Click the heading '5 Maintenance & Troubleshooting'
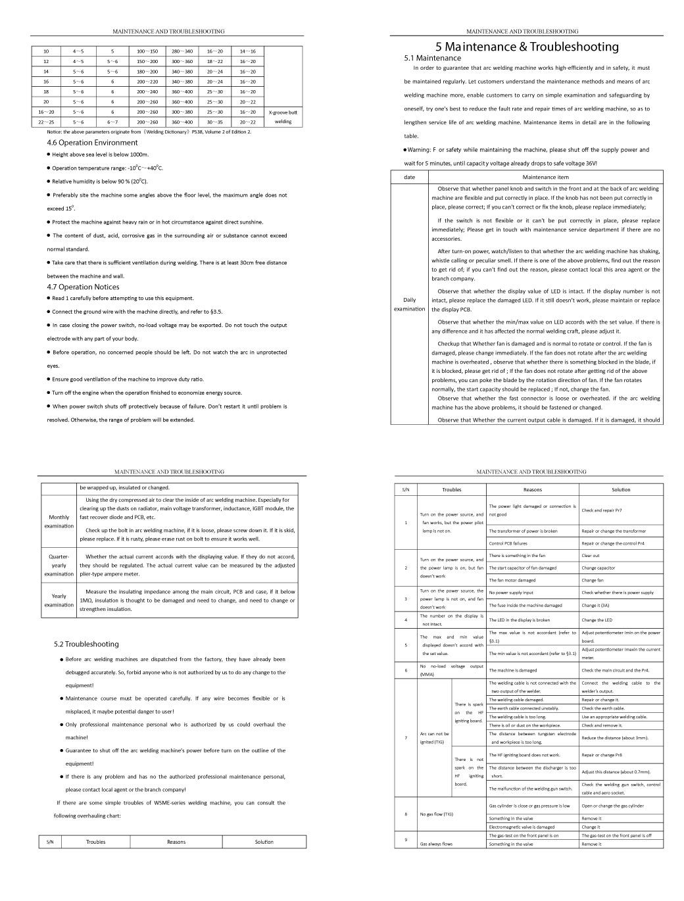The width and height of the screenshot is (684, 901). point(527,47)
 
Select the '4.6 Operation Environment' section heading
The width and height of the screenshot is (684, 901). point(92,143)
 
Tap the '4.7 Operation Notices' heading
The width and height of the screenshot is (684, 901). point(83,287)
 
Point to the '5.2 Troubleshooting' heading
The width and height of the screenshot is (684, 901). point(86,644)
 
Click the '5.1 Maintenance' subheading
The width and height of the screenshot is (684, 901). point(432,58)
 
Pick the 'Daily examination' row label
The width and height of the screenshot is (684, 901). point(409,304)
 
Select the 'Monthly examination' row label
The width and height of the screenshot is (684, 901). point(59,522)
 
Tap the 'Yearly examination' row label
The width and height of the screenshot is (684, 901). point(59,600)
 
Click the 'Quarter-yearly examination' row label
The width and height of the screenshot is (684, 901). point(59,565)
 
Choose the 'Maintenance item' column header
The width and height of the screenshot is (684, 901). point(545,177)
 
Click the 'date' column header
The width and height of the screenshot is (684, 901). point(409,177)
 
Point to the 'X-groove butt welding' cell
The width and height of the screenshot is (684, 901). point(283,117)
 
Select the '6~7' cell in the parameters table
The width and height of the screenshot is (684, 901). point(112,122)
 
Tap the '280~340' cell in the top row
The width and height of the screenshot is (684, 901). point(182,51)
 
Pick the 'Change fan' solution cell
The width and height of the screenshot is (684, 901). point(593,580)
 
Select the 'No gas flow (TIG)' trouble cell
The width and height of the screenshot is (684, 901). point(437,814)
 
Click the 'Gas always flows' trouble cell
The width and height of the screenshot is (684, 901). point(437,843)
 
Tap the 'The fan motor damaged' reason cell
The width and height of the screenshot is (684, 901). point(512,580)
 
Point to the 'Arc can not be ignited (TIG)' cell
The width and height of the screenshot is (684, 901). point(435,737)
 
